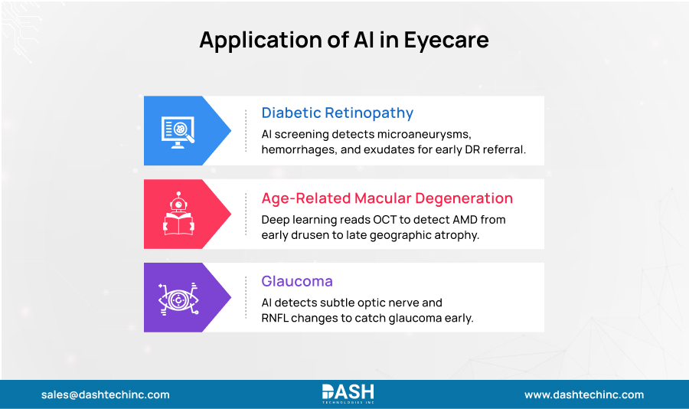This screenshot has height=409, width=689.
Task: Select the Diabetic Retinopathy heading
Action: [x=337, y=113]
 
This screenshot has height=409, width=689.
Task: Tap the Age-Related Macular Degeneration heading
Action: [x=387, y=198]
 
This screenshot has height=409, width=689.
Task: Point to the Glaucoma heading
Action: [x=297, y=282]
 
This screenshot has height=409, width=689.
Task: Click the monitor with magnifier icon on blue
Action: [x=178, y=130]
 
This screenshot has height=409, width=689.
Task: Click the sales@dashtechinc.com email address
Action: [x=106, y=395]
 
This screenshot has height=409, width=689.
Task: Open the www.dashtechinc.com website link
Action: [x=583, y=395]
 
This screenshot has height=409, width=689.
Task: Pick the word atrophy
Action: [x=455, y=234]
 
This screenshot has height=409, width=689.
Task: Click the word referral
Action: [x=503, y=149]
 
